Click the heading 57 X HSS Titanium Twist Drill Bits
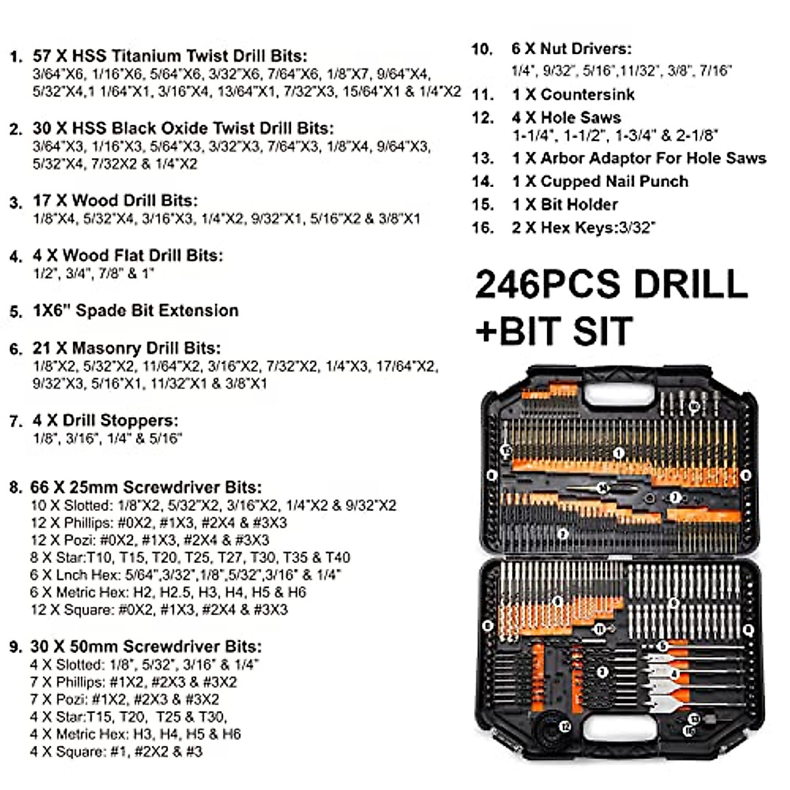click(170, 56)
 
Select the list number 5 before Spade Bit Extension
click(16, 311)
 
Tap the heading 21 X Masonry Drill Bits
click(126, 348)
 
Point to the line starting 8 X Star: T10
click(190, 557)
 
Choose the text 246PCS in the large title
click(547, 284)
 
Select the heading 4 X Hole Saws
click(566, 118)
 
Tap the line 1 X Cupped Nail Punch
click(600, 181)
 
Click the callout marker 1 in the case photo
click(618, 453)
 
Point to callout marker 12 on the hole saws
click(565, 727)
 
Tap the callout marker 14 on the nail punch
click(601, 488)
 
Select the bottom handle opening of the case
click(618, 727)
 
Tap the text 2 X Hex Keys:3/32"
click(583, 228)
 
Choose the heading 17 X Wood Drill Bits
click(115, 200)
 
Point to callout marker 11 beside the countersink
click(600, 630)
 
